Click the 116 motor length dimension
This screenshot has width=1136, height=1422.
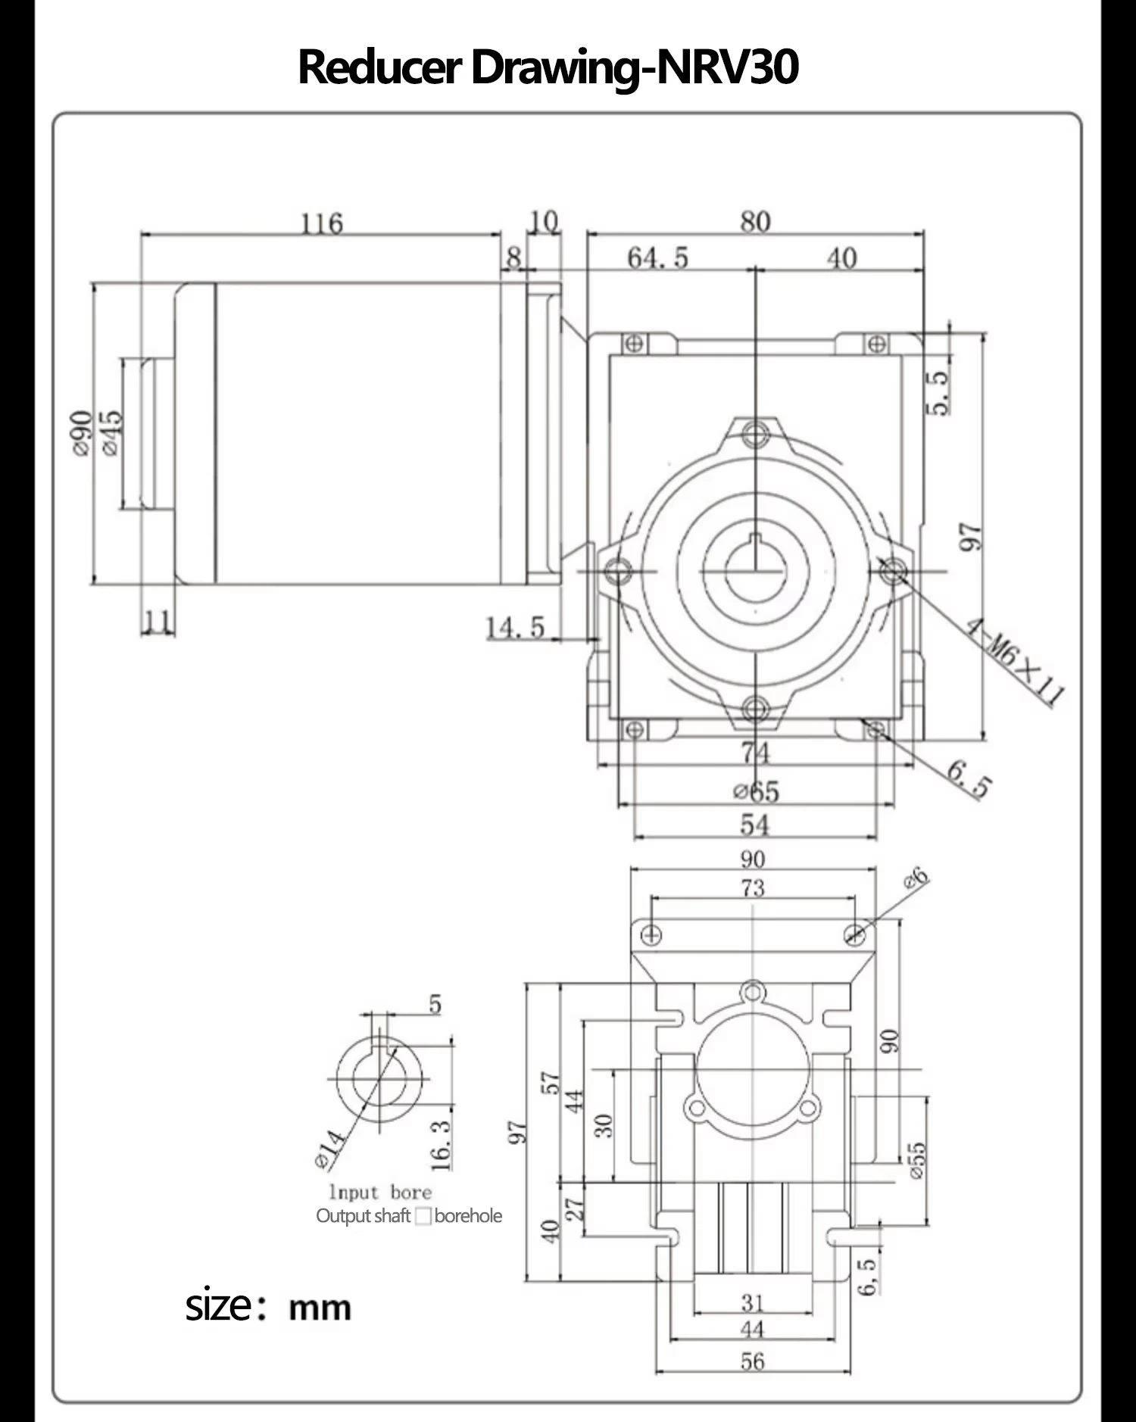click(322, 224)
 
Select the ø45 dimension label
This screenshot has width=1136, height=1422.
click(110, 433)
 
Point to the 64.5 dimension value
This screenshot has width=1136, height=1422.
click(657, 259)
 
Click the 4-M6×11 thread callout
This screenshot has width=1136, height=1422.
click(1015, 660)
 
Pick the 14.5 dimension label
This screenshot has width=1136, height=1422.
click(515, 628)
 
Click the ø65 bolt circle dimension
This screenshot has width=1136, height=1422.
click(756, 792)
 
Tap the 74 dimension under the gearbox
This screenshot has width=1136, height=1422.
click(755, 753)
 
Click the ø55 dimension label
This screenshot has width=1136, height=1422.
click(916, 1160)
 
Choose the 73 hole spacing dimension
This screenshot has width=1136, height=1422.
click(753, 888)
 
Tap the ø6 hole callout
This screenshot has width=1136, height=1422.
click(916, 878)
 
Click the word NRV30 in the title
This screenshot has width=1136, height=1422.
click(726, 67)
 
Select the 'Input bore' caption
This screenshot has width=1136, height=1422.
click(380, 1193)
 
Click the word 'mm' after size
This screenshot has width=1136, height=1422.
click(320, 1308)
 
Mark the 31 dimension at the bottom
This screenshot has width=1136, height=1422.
click(753, 1303)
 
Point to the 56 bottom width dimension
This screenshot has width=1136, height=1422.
click(753, 1362)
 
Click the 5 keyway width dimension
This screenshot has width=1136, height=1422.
click(435, 1005)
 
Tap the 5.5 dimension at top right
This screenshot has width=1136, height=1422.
click(938, 391)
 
